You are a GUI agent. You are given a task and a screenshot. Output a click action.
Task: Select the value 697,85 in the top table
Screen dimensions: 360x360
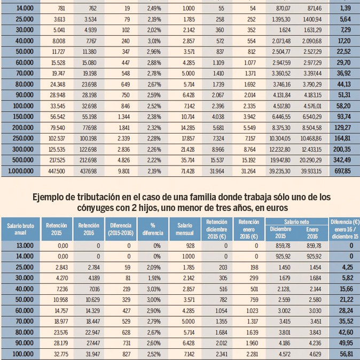coord(344,171)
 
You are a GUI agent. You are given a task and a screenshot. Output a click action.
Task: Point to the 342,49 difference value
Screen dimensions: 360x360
coord(344,161)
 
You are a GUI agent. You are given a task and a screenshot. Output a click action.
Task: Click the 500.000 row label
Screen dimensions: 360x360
coord(19,161)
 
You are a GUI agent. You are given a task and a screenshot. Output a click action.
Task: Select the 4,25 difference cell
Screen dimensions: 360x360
coord(344,267)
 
